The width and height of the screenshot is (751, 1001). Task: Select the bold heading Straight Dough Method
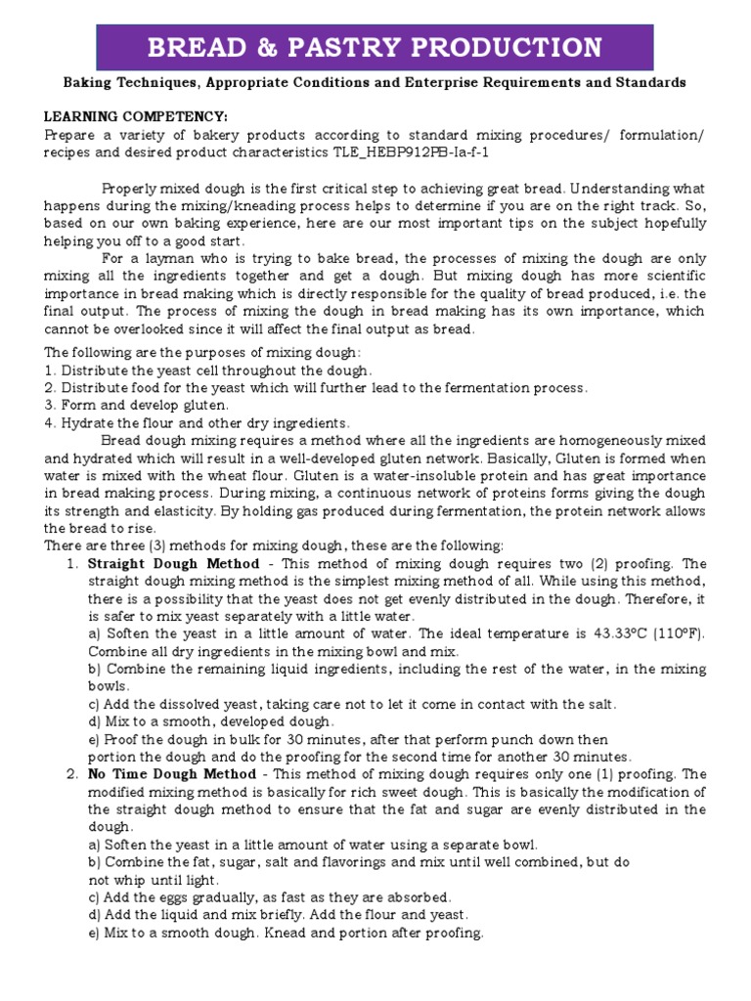pyautogui.click(x=174, y=564)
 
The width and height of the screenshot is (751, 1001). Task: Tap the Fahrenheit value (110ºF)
pyautogui.click(x=677, y=633)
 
